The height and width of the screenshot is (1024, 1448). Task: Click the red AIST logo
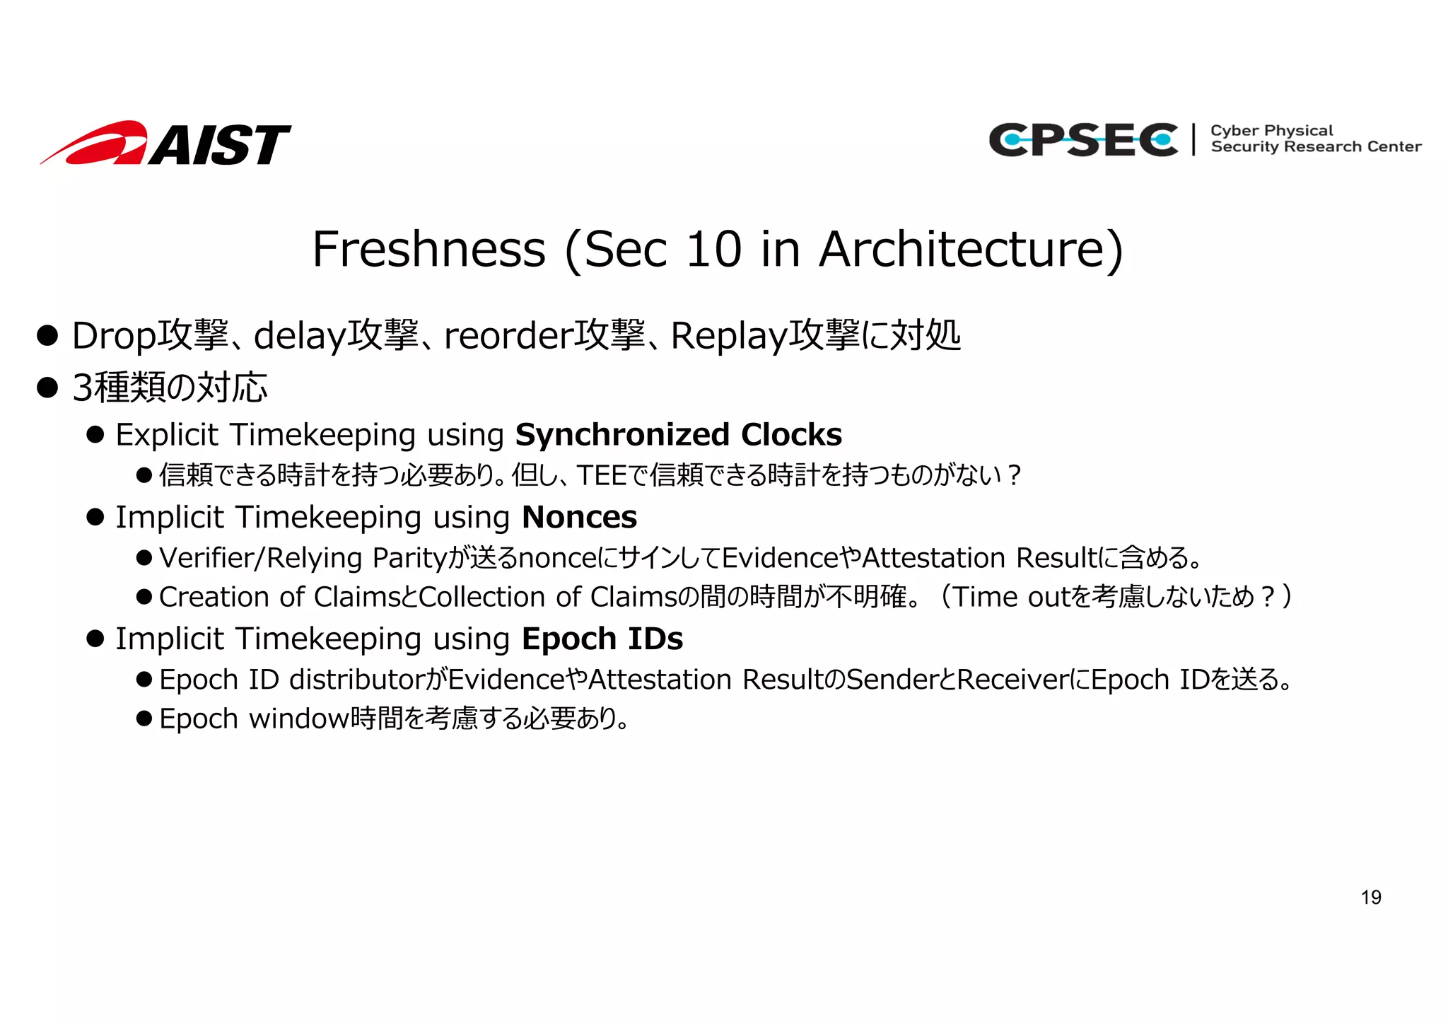coord(166,144)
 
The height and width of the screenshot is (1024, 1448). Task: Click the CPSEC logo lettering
coord(1082,139)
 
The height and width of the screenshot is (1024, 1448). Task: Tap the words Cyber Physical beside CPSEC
coord(1271,131)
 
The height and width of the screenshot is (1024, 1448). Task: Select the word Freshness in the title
coord(428,250)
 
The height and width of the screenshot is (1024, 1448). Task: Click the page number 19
coord(1370,897)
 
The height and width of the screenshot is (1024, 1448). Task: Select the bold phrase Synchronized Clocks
coord(678,435)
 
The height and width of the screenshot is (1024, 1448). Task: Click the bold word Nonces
coord(579,518)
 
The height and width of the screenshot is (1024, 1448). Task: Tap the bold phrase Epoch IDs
coord(602,639)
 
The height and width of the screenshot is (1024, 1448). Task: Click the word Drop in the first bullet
coord(113,336)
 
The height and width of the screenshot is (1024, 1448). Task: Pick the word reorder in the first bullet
coord(508,336)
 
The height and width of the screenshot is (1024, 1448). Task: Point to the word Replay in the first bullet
coord(728,336)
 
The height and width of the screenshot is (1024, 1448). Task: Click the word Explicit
coord(167,435)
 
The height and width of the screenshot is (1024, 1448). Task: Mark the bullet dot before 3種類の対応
coord(47,388)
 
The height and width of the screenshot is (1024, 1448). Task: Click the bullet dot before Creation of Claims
coord(144,598)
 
